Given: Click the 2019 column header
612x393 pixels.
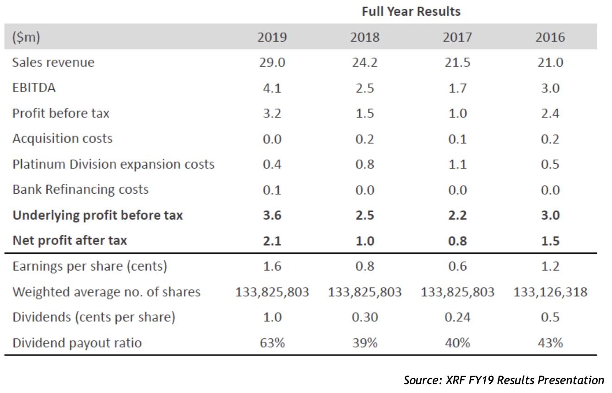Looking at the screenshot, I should (x=272, y=37).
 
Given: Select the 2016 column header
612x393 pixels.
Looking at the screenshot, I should (x=550, y=37).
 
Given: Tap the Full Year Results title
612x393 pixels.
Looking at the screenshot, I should (x=411, y=12).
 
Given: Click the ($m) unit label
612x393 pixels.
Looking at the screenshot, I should (x=26, y=37).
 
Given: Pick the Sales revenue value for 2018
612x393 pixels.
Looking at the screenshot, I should (x=364, y=62).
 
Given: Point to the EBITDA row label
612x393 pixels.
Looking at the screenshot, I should (x=34, y=88).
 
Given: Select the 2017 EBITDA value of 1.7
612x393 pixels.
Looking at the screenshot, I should (x=457, y=88).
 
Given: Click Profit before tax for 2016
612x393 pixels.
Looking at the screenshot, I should (x=550, y=113).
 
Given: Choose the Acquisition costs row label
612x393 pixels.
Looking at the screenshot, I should (x=62, y=139).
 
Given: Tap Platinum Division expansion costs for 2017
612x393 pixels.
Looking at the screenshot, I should (x=457, y=164).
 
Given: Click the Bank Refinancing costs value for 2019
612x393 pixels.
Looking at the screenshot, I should (x=272, y=190).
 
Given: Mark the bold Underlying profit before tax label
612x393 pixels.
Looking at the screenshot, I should (x=98, y=215).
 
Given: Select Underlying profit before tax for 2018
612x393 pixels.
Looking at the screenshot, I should (x=364, y=215).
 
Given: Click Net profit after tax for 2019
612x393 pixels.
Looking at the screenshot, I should (x=272, y=240).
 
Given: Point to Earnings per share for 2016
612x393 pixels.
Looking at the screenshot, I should (x=550, y=266).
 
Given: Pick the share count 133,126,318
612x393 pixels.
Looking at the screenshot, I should (x=550, y=292).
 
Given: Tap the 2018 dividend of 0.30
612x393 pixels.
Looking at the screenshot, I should (x=364, y=317).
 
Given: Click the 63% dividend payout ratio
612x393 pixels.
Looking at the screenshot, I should (x=272, y=343).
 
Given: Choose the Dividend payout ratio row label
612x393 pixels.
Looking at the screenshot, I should (x=77, y=343).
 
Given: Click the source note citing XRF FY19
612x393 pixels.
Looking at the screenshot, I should (x=504, y=380).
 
